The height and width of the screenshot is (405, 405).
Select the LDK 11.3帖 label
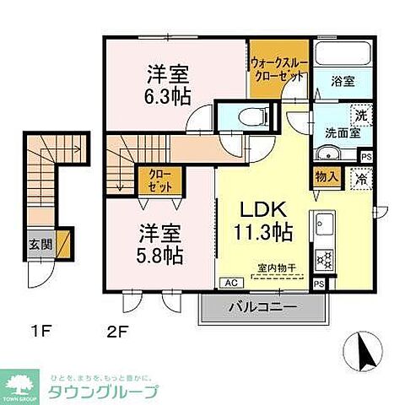[264, 219]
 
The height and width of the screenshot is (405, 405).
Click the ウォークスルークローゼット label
[279, 68]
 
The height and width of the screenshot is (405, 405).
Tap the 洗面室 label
[342, 132]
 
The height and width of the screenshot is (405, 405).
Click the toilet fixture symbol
[251, 117]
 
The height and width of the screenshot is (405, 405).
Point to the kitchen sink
[322, 225]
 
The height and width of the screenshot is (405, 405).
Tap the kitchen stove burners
[321, 259]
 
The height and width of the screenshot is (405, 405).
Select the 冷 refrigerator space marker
[361, 178]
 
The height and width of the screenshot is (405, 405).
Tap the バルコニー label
[265, 308]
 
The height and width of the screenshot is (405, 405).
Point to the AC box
[229, 283]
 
